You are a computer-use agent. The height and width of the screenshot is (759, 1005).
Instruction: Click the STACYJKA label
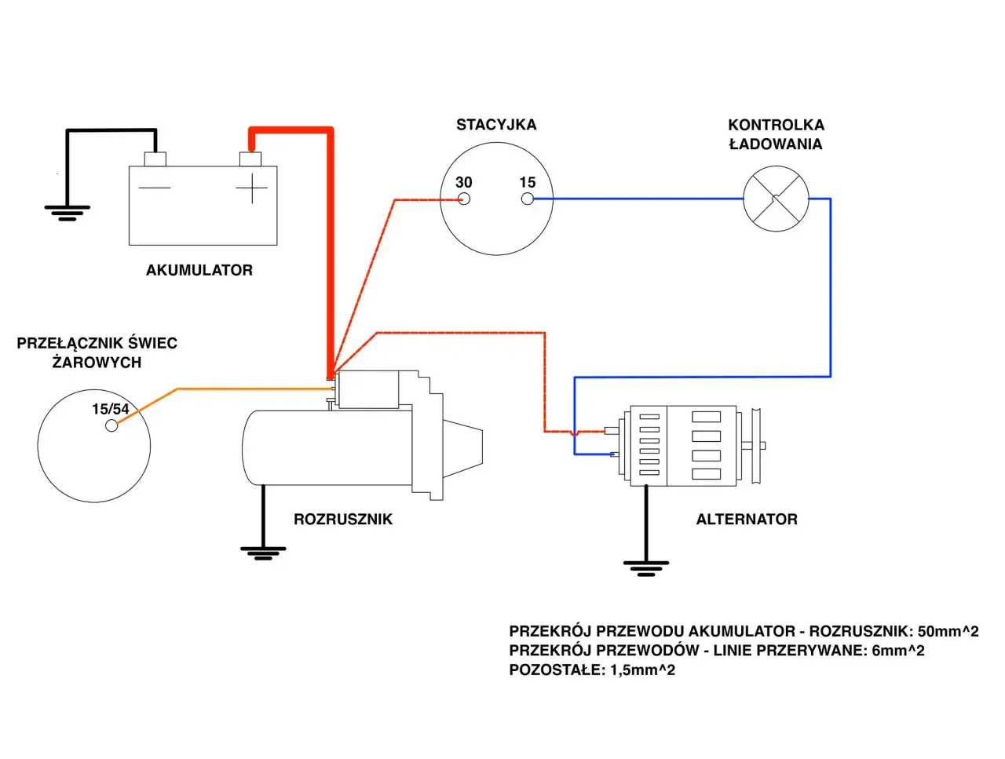pos(496,125)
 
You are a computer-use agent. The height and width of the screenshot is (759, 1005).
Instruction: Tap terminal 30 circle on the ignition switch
pos(464,199)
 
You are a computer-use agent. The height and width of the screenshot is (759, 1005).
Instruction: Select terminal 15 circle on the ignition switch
pos(528,199)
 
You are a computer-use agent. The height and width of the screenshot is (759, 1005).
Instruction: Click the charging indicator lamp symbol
pos(776,199)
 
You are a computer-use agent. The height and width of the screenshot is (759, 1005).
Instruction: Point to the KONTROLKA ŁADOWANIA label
pos(776,134)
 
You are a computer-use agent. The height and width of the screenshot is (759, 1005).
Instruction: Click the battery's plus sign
pos(252,188)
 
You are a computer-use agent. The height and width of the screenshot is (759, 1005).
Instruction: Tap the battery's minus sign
pos(155,188)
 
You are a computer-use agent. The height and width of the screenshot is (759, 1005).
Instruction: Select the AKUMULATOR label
pos(199,270)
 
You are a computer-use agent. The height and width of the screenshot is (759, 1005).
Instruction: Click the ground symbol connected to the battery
pos(67,213)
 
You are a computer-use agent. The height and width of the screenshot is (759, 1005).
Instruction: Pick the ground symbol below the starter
pos(263,553)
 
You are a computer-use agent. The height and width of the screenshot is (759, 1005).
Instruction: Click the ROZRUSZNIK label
pos(343,520)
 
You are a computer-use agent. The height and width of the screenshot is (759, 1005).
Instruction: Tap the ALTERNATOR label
pos(747,520)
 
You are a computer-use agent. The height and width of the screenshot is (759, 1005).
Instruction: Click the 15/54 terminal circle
pos(111,425)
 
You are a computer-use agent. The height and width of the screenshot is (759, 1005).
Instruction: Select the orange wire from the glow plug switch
pos(236,389)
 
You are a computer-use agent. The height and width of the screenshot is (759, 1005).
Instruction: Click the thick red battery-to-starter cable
pos(331,251)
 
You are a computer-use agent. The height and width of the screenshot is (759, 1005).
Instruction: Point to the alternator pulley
pos(756,446)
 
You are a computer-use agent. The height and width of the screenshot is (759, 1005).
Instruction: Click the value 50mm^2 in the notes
pos(948,632)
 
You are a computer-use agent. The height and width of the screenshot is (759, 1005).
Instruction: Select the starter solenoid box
pos(367,390)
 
